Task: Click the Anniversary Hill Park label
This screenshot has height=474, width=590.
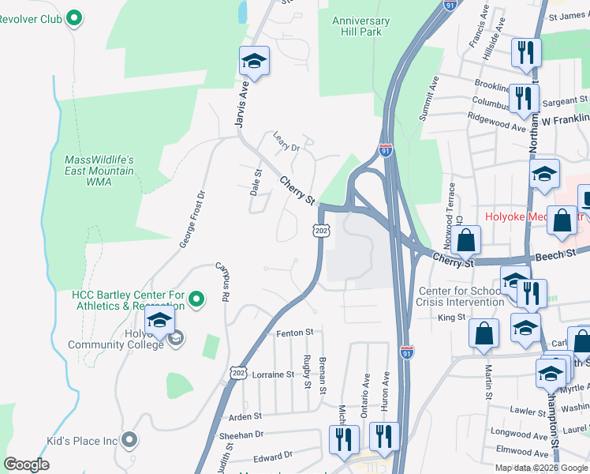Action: tap(361, 26)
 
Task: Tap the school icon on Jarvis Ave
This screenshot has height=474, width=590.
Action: tap(255, 60)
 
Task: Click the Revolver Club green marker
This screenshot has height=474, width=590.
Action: tap(74, 17)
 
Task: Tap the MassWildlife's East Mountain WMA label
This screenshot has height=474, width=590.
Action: tap(99, 171)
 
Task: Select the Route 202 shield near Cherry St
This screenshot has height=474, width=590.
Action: tap(320, 230)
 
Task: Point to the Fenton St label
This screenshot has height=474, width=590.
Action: tap(295, 333)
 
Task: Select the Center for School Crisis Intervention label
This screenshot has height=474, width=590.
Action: tap(461, 296)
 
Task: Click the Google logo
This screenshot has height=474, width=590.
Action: tap(26, 465)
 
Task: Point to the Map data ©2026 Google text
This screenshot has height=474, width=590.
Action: tap(541, 468)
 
